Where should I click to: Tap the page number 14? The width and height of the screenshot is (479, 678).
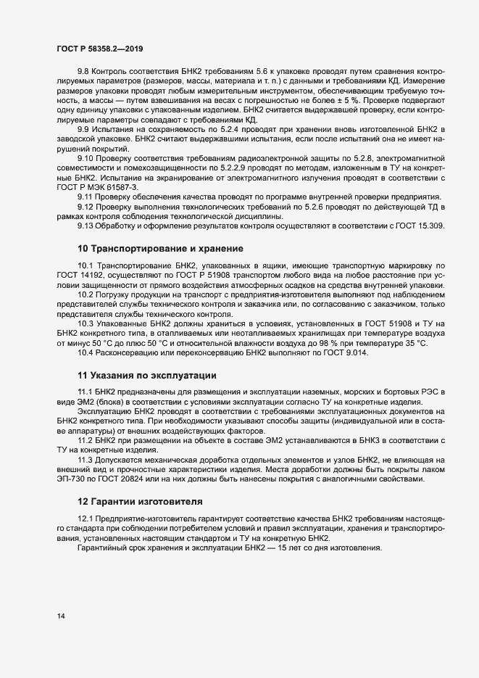pos(62,616)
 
